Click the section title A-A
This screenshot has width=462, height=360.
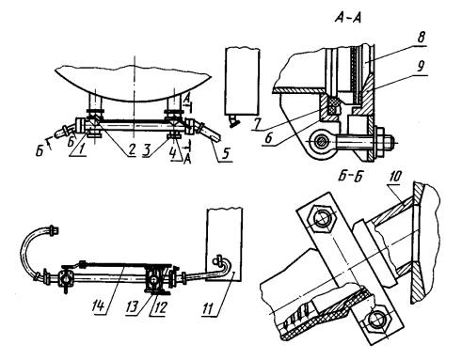coord(348,18)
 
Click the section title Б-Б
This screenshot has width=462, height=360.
coord(351,177)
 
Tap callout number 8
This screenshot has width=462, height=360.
coord(421,38)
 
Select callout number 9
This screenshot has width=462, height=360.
coord(421,67)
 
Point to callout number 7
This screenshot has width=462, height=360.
coord(257,124)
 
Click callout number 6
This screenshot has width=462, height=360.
coord(268,138)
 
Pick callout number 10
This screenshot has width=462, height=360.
coord(395,177)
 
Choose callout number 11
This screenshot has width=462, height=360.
coord(209,308)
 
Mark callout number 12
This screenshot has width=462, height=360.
coord(159,308)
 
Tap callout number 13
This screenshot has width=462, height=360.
coord(133,307)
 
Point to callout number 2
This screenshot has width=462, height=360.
coord(131,149)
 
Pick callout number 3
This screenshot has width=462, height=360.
coord(146,150)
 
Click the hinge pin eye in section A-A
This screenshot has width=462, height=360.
coord(321,142)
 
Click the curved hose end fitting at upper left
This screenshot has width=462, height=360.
coord(54,229)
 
